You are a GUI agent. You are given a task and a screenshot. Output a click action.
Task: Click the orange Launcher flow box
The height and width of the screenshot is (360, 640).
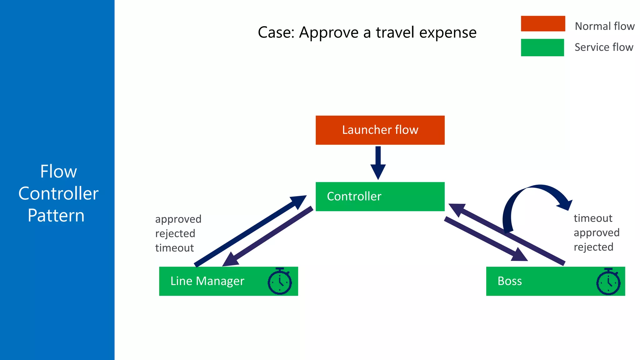380,130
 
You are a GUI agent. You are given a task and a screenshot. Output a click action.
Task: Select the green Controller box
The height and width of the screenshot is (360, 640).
380,197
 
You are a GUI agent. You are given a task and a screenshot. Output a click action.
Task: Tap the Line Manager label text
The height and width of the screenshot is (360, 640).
207,281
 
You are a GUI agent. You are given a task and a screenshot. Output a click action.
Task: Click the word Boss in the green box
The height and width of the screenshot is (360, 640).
509,281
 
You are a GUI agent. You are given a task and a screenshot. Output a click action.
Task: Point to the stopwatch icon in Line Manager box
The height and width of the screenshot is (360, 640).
280,281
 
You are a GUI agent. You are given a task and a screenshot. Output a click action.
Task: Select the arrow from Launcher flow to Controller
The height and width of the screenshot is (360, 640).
378,162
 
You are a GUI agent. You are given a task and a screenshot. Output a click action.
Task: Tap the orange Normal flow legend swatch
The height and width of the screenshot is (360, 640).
543,24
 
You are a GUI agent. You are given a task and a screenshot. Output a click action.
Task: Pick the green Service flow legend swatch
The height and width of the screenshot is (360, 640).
542,47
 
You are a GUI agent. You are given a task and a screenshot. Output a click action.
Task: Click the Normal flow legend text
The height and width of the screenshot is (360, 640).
604,26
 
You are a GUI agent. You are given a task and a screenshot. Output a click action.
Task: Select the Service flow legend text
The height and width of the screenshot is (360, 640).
604,47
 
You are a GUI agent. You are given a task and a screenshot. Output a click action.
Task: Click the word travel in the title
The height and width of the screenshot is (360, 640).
395,32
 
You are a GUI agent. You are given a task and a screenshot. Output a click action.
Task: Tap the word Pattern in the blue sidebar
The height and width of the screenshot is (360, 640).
56,216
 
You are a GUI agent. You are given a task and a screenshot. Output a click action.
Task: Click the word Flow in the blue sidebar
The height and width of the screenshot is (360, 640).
58,172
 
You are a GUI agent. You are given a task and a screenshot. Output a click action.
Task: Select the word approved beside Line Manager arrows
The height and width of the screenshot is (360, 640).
178,219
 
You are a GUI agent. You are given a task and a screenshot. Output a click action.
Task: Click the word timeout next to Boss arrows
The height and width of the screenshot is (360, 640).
593,218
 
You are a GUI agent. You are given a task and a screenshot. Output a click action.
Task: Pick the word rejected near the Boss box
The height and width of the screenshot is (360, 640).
593,247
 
